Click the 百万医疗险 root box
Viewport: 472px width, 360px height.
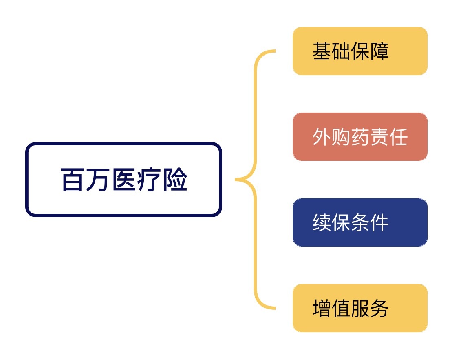click(x=124, y=180)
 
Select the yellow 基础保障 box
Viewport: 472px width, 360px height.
click(x=360, y=51)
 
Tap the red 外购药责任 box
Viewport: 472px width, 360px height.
click(x=360, y=137)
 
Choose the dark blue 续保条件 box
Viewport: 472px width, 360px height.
click(x=360, y=222)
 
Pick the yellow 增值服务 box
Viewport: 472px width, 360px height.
click(x=360, y=308)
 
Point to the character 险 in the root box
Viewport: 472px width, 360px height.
click(x=175, y=180)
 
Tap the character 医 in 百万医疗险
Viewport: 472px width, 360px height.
click(x=124, y=180)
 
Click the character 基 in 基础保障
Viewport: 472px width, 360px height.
click(x=322, y=51)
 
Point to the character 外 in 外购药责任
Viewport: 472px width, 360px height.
click(x=322, y=137)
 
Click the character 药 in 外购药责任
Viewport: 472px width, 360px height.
click(x=360, y=137)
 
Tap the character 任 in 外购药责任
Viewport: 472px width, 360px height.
click(x=398, y=137)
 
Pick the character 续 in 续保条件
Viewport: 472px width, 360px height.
click(x=322, y=222)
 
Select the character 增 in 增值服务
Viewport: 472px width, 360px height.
click(x=322, y=308)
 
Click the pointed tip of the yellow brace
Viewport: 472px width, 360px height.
click(x=236, y=180)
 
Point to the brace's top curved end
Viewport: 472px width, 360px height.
click(x=274, y=51)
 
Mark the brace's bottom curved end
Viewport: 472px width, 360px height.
click(x=274, y=308)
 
